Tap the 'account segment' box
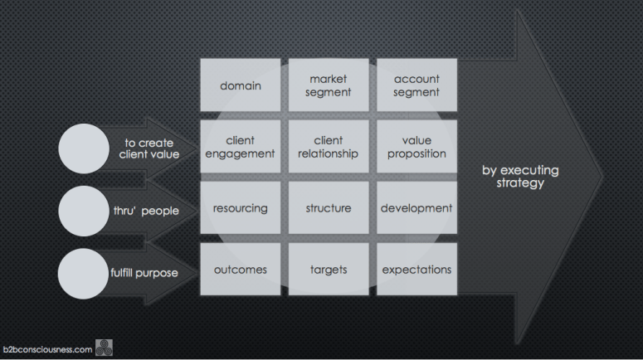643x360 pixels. (x=416, y=85)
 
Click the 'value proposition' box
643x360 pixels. (x=416, y=147)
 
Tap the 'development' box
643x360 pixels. (x=416, y=208)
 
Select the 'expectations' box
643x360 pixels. (x=416, y=270)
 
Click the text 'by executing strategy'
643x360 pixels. (x=520, y=176)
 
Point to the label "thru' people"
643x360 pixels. (x=146, y=210)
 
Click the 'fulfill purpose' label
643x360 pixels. (x=144, y=272)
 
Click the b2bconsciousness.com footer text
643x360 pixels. (x=47, y=349)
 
